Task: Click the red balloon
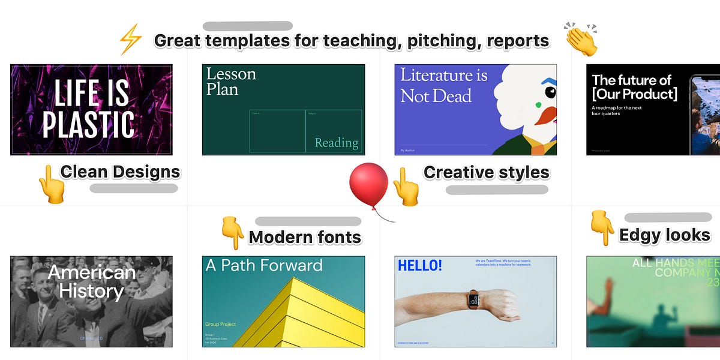pyautogui.click(x=369, y=184)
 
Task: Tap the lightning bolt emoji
pyautogui.click(x=130, y=40)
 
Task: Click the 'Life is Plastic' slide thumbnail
pyautogui.click(x=91, y=110)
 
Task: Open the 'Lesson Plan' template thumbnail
pyautogui.click(x=283, y=110)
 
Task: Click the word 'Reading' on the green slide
pyautogui.click(x=336, y=143)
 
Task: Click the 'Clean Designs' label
pyautogui.click(x=120, y=172)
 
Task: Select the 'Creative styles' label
pyautogui.click(x=486, y=172)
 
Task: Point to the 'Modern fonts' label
pyautogui.click(x=305, y=237)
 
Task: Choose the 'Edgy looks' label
pyautogui.click(x=664, y=235)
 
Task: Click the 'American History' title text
pyautogui.click(x=91, y=282)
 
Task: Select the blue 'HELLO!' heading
pyautogui.click(x=419, y=265)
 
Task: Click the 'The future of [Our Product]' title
pyautogui.click(x=634, y=87)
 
